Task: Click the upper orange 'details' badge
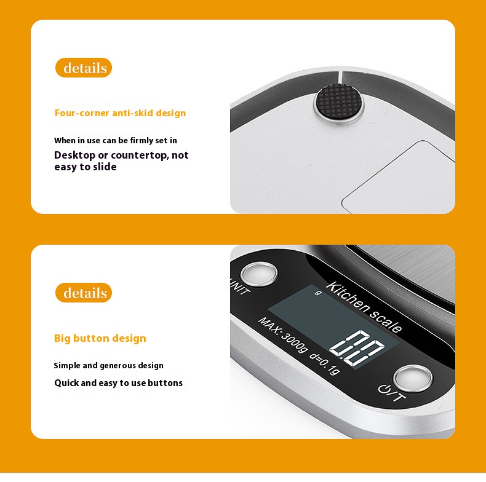[x=84, y=68]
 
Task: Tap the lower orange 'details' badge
[x=84, y=293]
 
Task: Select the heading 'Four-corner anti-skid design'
[x=120, y=113]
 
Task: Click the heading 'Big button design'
[x=100, y=338]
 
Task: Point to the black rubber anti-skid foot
[x=338, y=102]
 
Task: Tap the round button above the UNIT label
[x=259, y=274]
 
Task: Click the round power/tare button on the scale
[x=413, y=378]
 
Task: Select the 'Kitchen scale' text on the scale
[x=364, y=307]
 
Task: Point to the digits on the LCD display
[x=357, y=348]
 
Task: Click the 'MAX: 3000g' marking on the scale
[x=283, y=335]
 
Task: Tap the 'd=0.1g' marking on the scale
[x=325, y=363]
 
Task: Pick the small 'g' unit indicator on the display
[x=317, y=293]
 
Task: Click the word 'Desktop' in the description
[x=74, y=156]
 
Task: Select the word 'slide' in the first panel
[x=105, y=167]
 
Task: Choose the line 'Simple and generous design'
[x=108, y=366]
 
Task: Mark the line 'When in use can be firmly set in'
[x=116, y=141]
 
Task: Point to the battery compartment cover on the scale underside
[x=398, y=177]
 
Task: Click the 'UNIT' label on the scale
[x=239, y=287]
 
